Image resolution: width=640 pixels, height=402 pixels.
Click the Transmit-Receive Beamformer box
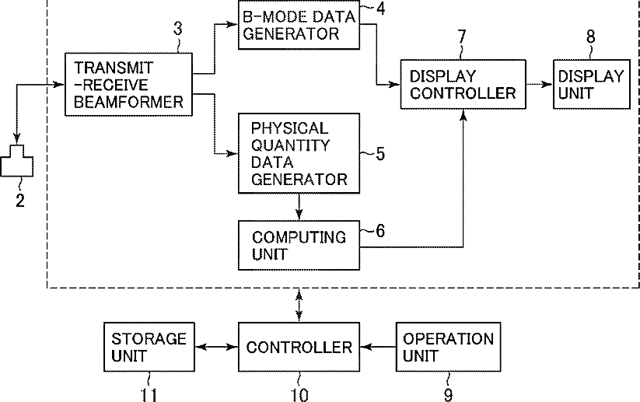128,85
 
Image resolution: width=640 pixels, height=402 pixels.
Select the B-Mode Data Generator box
299,25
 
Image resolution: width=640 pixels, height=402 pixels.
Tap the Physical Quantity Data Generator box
299,153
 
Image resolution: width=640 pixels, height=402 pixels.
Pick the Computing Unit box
299,245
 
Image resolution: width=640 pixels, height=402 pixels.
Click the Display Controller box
463,85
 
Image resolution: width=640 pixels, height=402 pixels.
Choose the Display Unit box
592,85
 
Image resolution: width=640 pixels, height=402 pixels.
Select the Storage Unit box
149,347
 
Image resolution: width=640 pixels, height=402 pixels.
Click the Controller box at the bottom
299,347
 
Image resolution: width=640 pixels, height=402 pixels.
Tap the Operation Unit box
448,347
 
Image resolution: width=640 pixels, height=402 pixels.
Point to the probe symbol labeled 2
17,161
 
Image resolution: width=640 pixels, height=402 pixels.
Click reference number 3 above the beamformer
177,29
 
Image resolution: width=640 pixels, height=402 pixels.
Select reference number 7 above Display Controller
462,37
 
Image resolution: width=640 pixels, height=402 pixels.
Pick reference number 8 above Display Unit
590,37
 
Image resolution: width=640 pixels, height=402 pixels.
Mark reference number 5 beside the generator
380,154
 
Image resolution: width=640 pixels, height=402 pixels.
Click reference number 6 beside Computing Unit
380,231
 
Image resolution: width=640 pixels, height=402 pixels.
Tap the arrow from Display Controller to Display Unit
540,85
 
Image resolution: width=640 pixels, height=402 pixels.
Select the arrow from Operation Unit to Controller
378,347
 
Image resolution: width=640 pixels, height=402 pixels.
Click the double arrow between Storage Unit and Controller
216,347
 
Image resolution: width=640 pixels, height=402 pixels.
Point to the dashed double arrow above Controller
299,306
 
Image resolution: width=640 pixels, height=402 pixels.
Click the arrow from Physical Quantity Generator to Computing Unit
299,207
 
